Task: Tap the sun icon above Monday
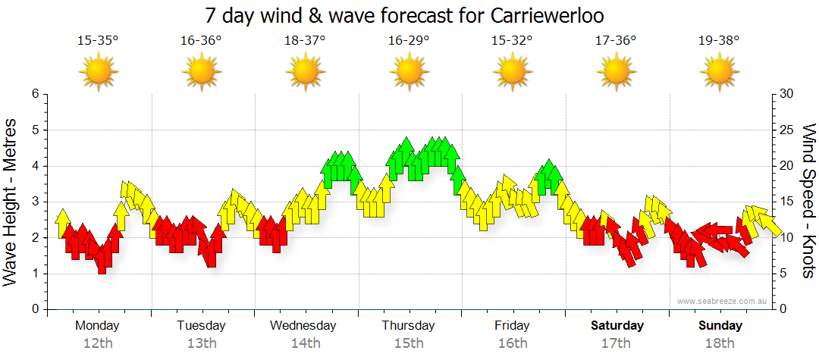coord(98,74)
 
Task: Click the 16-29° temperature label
coord(409,41)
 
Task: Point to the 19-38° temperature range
coord(718,41)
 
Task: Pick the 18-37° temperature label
coord(305,41)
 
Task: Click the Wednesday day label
coord(303,326)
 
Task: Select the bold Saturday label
coord(617,326)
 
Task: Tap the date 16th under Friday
coord(513,343)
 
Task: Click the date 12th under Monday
coord(98,343)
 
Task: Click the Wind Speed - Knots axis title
coord(808,201)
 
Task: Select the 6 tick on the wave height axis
coord(34,94)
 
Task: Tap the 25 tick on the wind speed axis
coord(787,130)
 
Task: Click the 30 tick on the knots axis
coord(787,94)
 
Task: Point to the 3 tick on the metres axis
coord(34,202)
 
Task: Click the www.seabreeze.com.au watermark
coord(723,301)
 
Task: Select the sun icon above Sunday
coord(719,74)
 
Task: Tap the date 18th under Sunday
coord(720,343)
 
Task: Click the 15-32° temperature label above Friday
coord(512,41)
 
